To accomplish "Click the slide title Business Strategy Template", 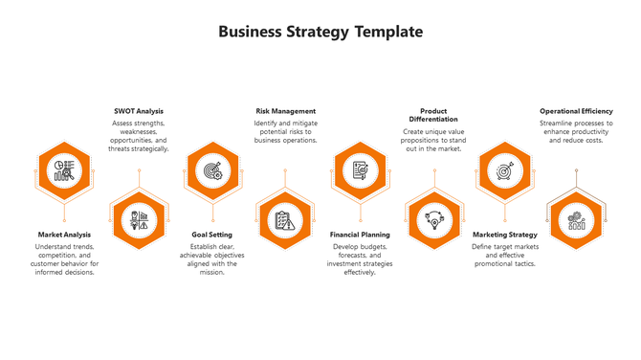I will click(320, 32).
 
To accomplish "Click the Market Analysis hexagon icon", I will click(65, 170).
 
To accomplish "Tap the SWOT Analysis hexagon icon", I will click(139, 220).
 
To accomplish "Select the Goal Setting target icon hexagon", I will click(211, 170).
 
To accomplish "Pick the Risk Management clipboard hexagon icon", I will click(284, 220).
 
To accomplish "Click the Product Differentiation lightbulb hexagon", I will click(433, 220).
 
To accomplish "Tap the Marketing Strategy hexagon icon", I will click(504, 170).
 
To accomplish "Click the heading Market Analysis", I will click(64, 235).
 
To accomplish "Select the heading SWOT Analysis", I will click(139, 111).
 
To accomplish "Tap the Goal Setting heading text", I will click(211, 235).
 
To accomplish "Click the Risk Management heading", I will click(285, 111).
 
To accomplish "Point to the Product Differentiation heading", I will click(433, 115).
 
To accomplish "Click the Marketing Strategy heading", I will click(505, 235).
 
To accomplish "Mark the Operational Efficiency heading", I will click(576, 111).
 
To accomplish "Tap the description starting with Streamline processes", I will click(576, 131).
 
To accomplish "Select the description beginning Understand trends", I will click(64, 259).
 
